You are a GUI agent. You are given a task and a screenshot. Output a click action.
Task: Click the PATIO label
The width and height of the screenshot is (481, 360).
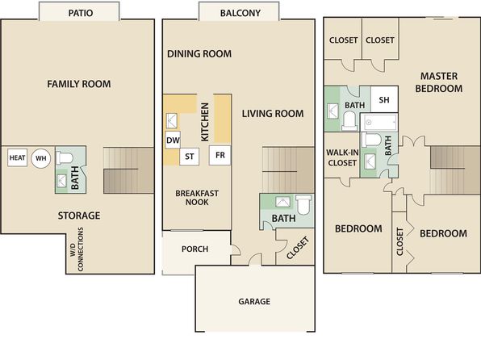pyautogui.click(x=81, y=13)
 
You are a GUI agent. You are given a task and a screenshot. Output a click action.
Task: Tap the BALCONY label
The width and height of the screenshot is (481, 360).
pyautogui.click(x=240, y=13)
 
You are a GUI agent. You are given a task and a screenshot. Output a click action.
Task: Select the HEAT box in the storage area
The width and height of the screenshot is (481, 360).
pyautogui.click(x=17, y=157)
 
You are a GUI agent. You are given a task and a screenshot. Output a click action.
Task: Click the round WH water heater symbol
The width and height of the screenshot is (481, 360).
pyautogui.click(x=41, y=158)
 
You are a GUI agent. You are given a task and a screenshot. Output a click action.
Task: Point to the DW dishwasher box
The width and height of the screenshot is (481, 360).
pyautogui.click(x=173, y=140)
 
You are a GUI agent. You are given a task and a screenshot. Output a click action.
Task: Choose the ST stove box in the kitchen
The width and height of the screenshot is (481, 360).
pyautogui.click(x=190, y=157)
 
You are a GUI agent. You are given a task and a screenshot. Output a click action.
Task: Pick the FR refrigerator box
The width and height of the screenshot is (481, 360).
pyautogui.click(x=220, y=155)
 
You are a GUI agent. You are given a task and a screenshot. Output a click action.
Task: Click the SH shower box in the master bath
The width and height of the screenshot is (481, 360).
pyautogui.click(x=384, y=99)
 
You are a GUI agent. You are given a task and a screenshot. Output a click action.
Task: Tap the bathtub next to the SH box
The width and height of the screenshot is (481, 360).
pyautogui.click(x=379, y=122)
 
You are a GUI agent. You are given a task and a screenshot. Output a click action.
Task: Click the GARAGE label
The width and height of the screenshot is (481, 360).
pyautogui.click(x=254, y=301)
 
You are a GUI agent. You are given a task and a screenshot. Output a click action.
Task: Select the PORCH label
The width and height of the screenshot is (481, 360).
pyautogui.click(x=194, y=249)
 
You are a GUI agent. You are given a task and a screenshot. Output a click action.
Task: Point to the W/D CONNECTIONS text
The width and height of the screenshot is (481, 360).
pyautogui.click(x=77, y=249)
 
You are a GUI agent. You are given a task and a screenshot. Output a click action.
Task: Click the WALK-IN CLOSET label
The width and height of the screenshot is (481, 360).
pyautogui.click(x=342, y=157)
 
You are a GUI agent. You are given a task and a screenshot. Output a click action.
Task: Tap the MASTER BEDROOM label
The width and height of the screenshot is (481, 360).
pyautogui.click(x=439, y=82)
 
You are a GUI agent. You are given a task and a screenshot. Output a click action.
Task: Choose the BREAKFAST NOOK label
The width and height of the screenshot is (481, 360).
pyautogui.click(x=197, y=198)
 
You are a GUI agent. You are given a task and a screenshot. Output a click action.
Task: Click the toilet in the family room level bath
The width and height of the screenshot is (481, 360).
pyautogui.click(x=65, y=157)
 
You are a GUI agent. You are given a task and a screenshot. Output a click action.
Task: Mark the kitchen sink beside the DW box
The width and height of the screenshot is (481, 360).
pyautogui.click(x=171, y=120)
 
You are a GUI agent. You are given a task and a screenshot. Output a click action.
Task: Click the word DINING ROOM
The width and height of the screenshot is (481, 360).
pyautogui.click(x=199, y=54)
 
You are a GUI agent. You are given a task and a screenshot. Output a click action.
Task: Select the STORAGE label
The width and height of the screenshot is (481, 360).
pyautogui.click(x=79, y=216)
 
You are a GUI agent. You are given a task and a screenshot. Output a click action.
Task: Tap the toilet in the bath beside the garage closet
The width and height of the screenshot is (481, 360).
pyautogui.click(x=303, y=204)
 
